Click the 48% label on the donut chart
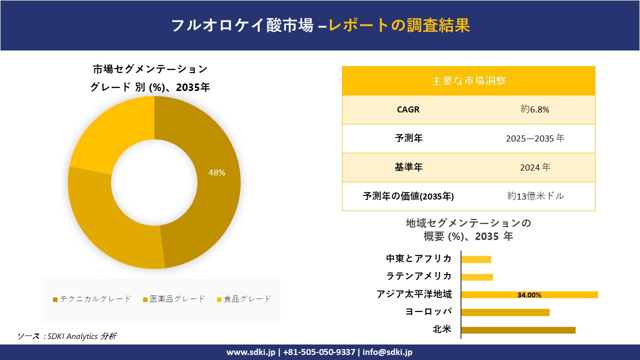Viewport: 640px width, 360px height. [x=217, y=172]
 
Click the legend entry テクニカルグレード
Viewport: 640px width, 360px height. [x=92, y=299]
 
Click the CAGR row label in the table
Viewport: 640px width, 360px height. [x=408, y=109]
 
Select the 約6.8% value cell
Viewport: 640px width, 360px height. [x=534, y=109]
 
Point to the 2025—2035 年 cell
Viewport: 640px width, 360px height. [x=534, y=138]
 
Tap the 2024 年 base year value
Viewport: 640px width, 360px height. [x=534, y=167]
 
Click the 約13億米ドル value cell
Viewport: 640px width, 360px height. [x=535, y=196]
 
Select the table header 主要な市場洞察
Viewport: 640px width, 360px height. [x=468, y=80]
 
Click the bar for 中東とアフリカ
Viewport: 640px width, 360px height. [x=476, y=259]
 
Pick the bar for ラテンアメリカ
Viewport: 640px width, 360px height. [x=477, y=277]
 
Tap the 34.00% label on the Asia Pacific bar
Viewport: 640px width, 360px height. [x=529, y=295]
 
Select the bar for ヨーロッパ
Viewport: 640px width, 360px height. [x=505, y=312]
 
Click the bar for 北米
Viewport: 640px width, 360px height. [x=518, y=330]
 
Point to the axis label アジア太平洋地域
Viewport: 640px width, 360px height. [x=414, y=294]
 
